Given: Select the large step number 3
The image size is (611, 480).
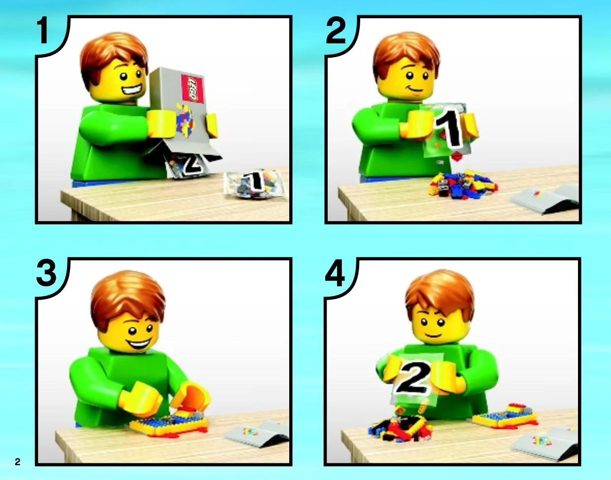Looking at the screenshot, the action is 46,272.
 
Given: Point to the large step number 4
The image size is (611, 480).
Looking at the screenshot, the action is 335,272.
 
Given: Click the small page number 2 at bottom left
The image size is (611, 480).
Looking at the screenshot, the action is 17,462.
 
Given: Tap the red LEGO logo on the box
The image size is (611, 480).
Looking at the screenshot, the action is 193,87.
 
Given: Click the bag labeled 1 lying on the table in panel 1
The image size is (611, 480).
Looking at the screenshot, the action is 254,184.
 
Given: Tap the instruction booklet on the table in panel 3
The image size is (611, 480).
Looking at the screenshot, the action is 256,435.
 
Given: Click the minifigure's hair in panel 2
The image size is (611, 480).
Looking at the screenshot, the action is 407,56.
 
